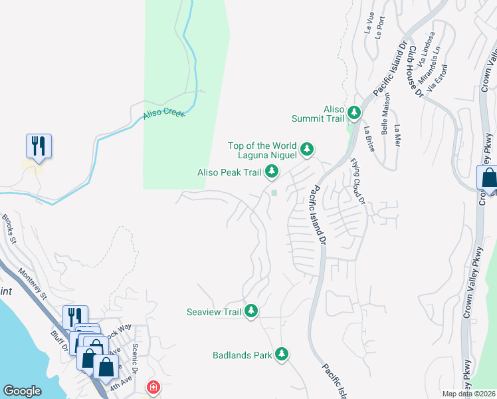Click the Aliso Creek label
(163, 114)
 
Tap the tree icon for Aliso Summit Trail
(355, 112)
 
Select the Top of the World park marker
(307, 148)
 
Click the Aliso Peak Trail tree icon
(272, 172)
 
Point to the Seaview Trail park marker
(251, 310)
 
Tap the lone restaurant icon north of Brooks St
(39, 146)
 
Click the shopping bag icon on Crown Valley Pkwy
(488, 178)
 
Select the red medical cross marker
(153, 387)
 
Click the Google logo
(22, 391)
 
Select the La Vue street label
(368, 25)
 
